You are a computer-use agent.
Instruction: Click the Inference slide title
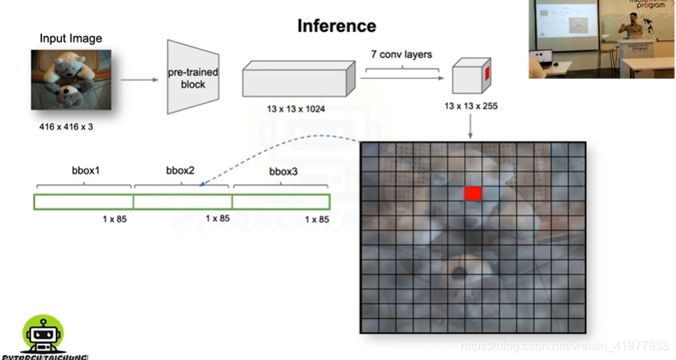336,26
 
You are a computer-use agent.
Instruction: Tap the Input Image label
71,38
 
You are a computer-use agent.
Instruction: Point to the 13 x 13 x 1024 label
296,109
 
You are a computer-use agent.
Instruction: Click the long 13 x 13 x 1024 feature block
299,80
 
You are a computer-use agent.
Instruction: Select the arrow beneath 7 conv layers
404,77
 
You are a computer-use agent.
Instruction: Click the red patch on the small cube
485,74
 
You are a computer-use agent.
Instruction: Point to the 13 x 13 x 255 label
471,106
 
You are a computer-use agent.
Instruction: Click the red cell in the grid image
473,193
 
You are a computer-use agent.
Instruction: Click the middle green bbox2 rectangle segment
182,201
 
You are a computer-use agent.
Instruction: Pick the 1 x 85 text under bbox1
115,220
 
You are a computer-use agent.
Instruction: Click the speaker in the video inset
634,29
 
